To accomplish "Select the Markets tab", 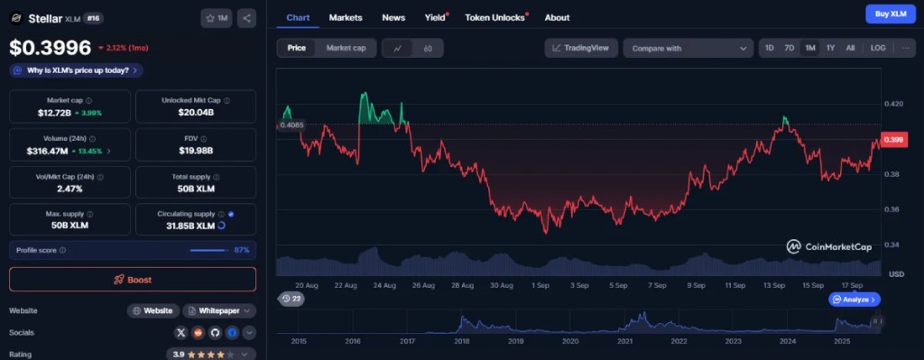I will pyautogui.click(x=346, y=17).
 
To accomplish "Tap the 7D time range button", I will pyautogui.click(x=789, y=48).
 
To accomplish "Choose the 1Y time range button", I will pyautogui.click(x=830, y=48).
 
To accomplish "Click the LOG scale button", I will pyautogui.click(x=878, y=48).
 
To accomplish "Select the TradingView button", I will pyautogui.click(x=581, y=48).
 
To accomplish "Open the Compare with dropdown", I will pyautogui.click(x=688, y=48).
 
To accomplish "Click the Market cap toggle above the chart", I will pyautogui.click(x=346, y=48).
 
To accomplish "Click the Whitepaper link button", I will pyautogui.click(x=219, y=310).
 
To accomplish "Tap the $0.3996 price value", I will pyautogui.click(x=50, y=49).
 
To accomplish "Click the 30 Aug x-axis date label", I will pyautogui.click(x=501, y=284).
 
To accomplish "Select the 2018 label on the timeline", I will pyautogui.click(x=461, y=342).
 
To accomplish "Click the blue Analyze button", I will pyautogui.click(x=853, y=299).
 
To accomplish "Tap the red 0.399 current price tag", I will pyautogui.click(x=894, y=140).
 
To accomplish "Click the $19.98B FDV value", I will pyautogui.click(x=195, y=152).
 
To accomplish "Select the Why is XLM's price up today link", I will pyautogui.click(x=78, y=70).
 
